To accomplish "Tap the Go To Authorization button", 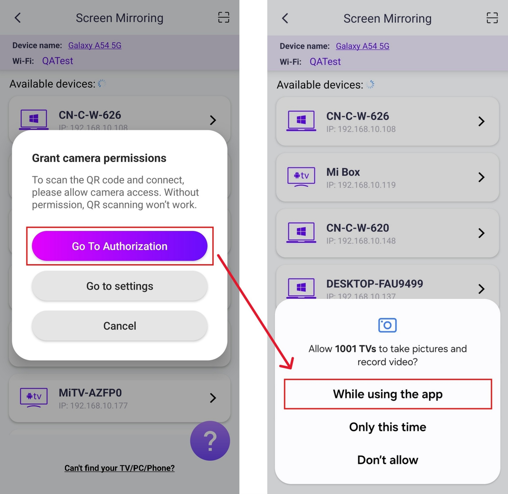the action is point(120,246).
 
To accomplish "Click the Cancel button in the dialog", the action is point(120,326).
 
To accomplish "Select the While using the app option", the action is point(388,394).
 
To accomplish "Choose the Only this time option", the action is point(387,427).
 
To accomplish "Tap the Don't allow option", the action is point(387,460).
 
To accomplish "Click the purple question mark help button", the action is point(210,440).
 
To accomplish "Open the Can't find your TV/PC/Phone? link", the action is point(120,468).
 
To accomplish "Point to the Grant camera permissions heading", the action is point(99,158).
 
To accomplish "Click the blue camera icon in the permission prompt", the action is point(387,325).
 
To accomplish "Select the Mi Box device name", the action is point(343,172).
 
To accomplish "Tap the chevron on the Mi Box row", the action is point(481,177).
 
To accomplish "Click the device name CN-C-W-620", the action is point(358,228).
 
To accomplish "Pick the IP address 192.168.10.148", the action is point(361,241).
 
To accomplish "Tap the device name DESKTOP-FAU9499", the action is point(375,284).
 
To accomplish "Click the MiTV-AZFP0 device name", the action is point(90,393).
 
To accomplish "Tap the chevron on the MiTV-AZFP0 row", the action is point(213,398).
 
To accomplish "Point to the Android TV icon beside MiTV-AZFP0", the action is point(34,397).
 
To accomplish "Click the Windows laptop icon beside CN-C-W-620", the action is point(301,232).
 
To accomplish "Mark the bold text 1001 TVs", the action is point(355,349).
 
